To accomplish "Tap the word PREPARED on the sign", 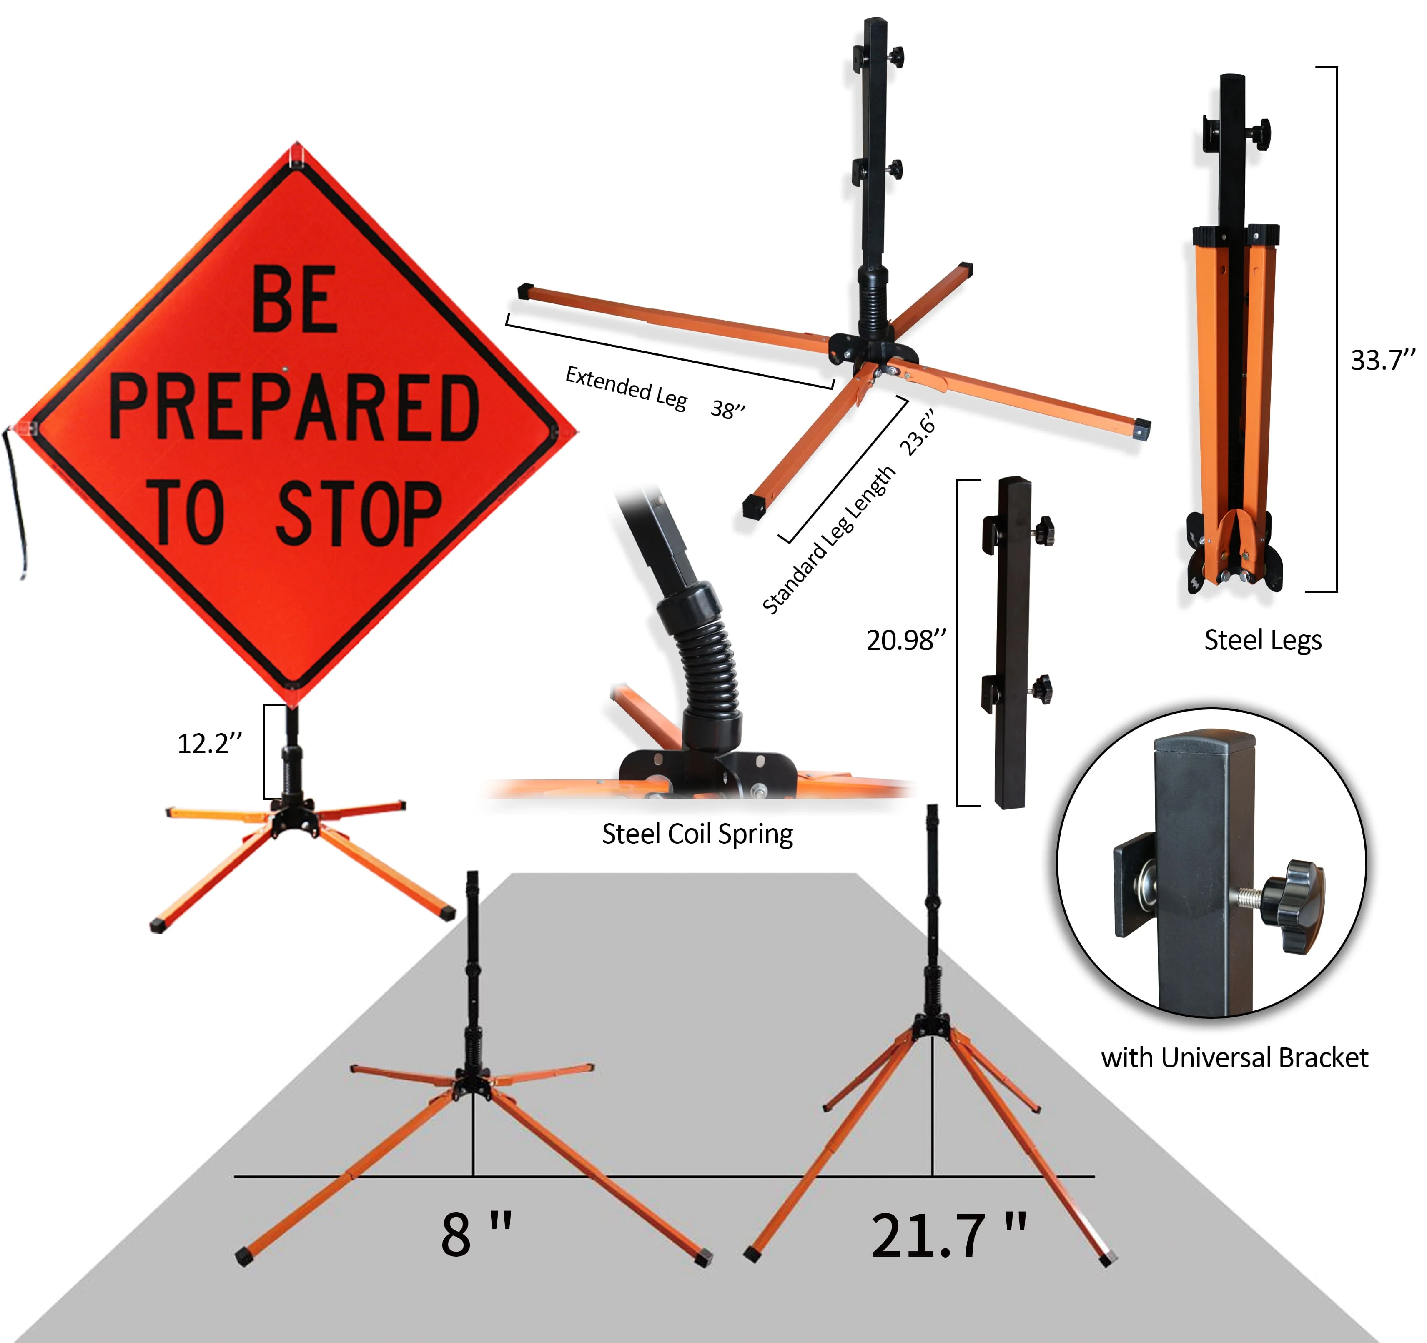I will point(294,408).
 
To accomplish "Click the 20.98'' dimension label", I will point(906,639).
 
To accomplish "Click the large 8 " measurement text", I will point(477,1235).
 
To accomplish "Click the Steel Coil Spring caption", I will point(697,834).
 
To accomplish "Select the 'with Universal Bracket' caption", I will point(1235,1058).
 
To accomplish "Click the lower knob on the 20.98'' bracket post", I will point(1044,689).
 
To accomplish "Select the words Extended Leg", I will point(626,388).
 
